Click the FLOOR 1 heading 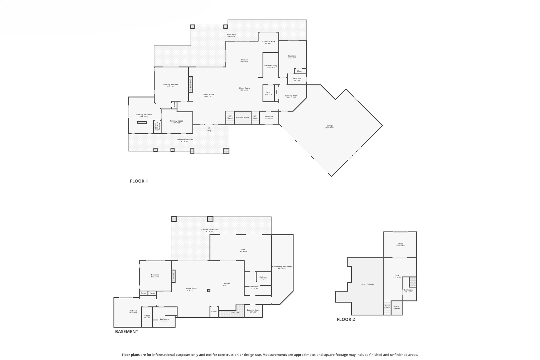tap(139, 181)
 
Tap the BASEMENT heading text tap(127, 332)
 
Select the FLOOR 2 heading tap(346, 319)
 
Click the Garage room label tap(330, 126)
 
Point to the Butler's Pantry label tap(271, 66)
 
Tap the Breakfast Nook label tap(268, 41)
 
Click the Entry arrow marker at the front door tap(209, 128)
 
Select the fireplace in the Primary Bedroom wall tap(191, 84)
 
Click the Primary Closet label tap(176, 121)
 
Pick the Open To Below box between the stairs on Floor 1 tap(242, 117)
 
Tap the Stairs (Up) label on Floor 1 tap(255, 117)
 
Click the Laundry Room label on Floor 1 tap(291, 96)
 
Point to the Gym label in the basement tap(243, 250)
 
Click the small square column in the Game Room tap(209, 291)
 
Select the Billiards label tap(227, 284)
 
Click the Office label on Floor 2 tap(400, 244)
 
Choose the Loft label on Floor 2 tap(397, 275)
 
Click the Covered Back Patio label tap(210, 230)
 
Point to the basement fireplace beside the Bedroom tap(173, 276)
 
